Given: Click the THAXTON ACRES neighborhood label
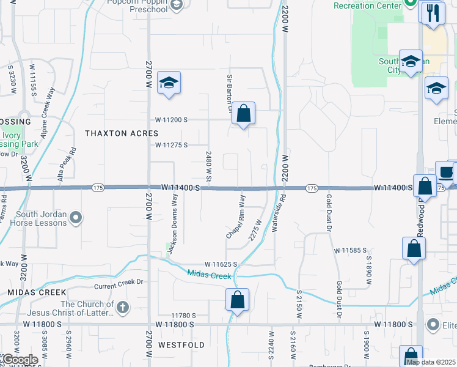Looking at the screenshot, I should pyautogui.click(x=122, y=133).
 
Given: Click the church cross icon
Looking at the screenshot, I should pyautogui.click(x=122, y=308).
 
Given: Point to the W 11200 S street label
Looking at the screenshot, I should pyautogui.click(x=172, y=120).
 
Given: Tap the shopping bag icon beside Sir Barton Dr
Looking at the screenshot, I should pyautogui.click(x=243, y=113).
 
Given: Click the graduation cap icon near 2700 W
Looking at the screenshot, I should pyautogui.click(x=169, y=83).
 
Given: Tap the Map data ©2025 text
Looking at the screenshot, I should pyautogui.click(x=431, y=361).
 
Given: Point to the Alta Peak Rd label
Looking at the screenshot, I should pyautogui.click(x=67, y=158).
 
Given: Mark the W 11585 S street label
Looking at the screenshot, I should pyautogui.click(x=350, y=251).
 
